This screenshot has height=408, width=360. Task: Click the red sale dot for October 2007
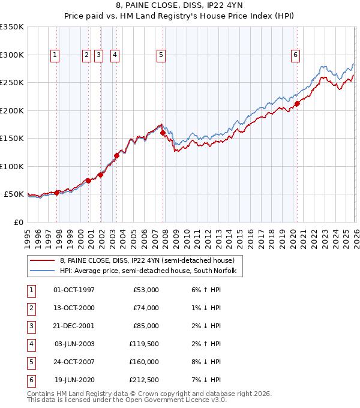click(163, 133)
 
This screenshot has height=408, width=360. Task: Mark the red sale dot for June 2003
click(116, 155)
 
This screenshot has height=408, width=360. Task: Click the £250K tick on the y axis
click(12, 83)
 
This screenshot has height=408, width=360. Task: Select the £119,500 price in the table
click(143, 344)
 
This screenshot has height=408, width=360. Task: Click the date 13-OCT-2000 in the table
click(74, 308)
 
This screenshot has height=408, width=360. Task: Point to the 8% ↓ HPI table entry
click(206, 362)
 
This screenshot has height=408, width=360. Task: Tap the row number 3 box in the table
click(31, 326)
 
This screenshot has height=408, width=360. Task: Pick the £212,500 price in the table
click(143, 380)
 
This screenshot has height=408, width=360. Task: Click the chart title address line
click(180, 7)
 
